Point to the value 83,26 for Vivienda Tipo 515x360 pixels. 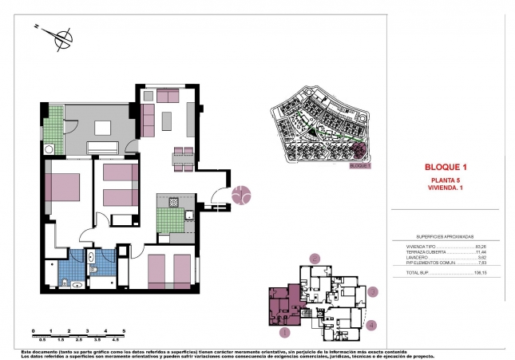481,247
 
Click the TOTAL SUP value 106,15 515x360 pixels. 480,273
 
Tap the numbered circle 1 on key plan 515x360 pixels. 284,332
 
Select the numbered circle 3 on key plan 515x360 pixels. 374,293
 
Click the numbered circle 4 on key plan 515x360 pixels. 371,325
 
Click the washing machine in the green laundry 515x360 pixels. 50,148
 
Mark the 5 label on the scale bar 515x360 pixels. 124,330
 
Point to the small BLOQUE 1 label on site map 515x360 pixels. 360,167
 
